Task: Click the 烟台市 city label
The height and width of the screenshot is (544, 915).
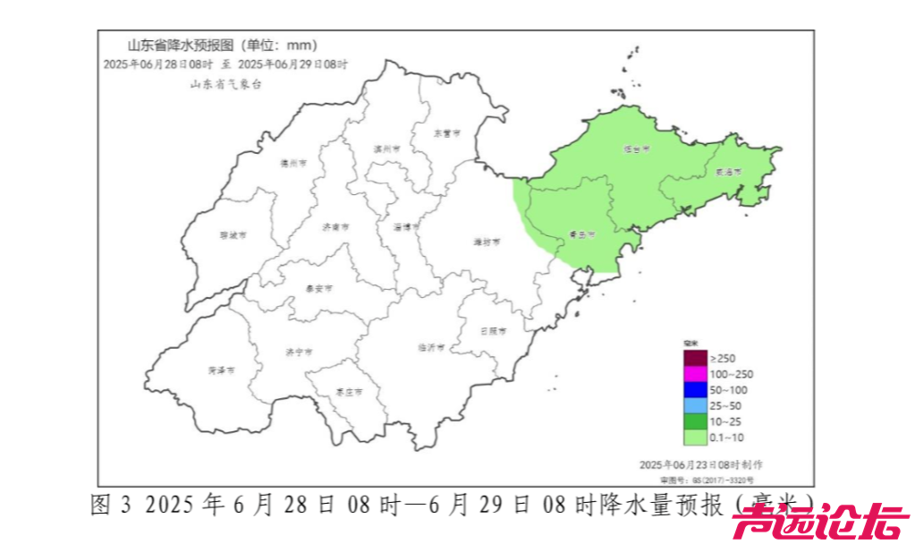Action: coord(636,149)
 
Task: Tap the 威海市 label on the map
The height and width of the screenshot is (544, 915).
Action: coord(729,172)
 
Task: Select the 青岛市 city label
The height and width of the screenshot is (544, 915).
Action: coord(582,235)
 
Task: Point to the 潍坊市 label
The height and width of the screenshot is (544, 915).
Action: coord(487,242)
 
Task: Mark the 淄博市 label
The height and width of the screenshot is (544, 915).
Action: coord(406,227)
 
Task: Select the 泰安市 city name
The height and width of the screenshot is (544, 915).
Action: coord(319,289)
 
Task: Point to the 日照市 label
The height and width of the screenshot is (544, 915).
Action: coord(493,330)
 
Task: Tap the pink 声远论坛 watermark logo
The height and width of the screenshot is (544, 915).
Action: coord(820,522)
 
